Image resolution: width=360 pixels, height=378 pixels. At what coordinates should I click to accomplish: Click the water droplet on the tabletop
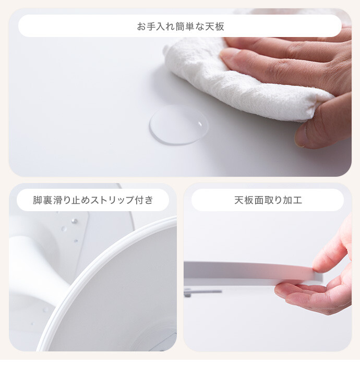(179, 125)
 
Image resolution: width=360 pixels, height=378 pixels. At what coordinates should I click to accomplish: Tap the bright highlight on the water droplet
(200, 124)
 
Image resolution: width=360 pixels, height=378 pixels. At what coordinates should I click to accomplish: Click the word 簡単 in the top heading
(185, 26)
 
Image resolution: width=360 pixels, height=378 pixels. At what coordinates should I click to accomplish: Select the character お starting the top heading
(141, 26)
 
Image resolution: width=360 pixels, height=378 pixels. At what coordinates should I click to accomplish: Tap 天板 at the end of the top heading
(214, 26)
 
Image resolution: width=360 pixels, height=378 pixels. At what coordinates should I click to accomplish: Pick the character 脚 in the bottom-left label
(38, 200)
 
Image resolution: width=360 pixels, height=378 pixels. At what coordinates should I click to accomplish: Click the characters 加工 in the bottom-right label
(293, 200)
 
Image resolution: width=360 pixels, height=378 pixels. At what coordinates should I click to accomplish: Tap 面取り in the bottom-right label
(268, 200)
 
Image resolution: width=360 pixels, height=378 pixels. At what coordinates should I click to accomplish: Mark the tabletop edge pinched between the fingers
(254, 272)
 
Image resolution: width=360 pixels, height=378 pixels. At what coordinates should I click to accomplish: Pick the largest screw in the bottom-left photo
(74, 221)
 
